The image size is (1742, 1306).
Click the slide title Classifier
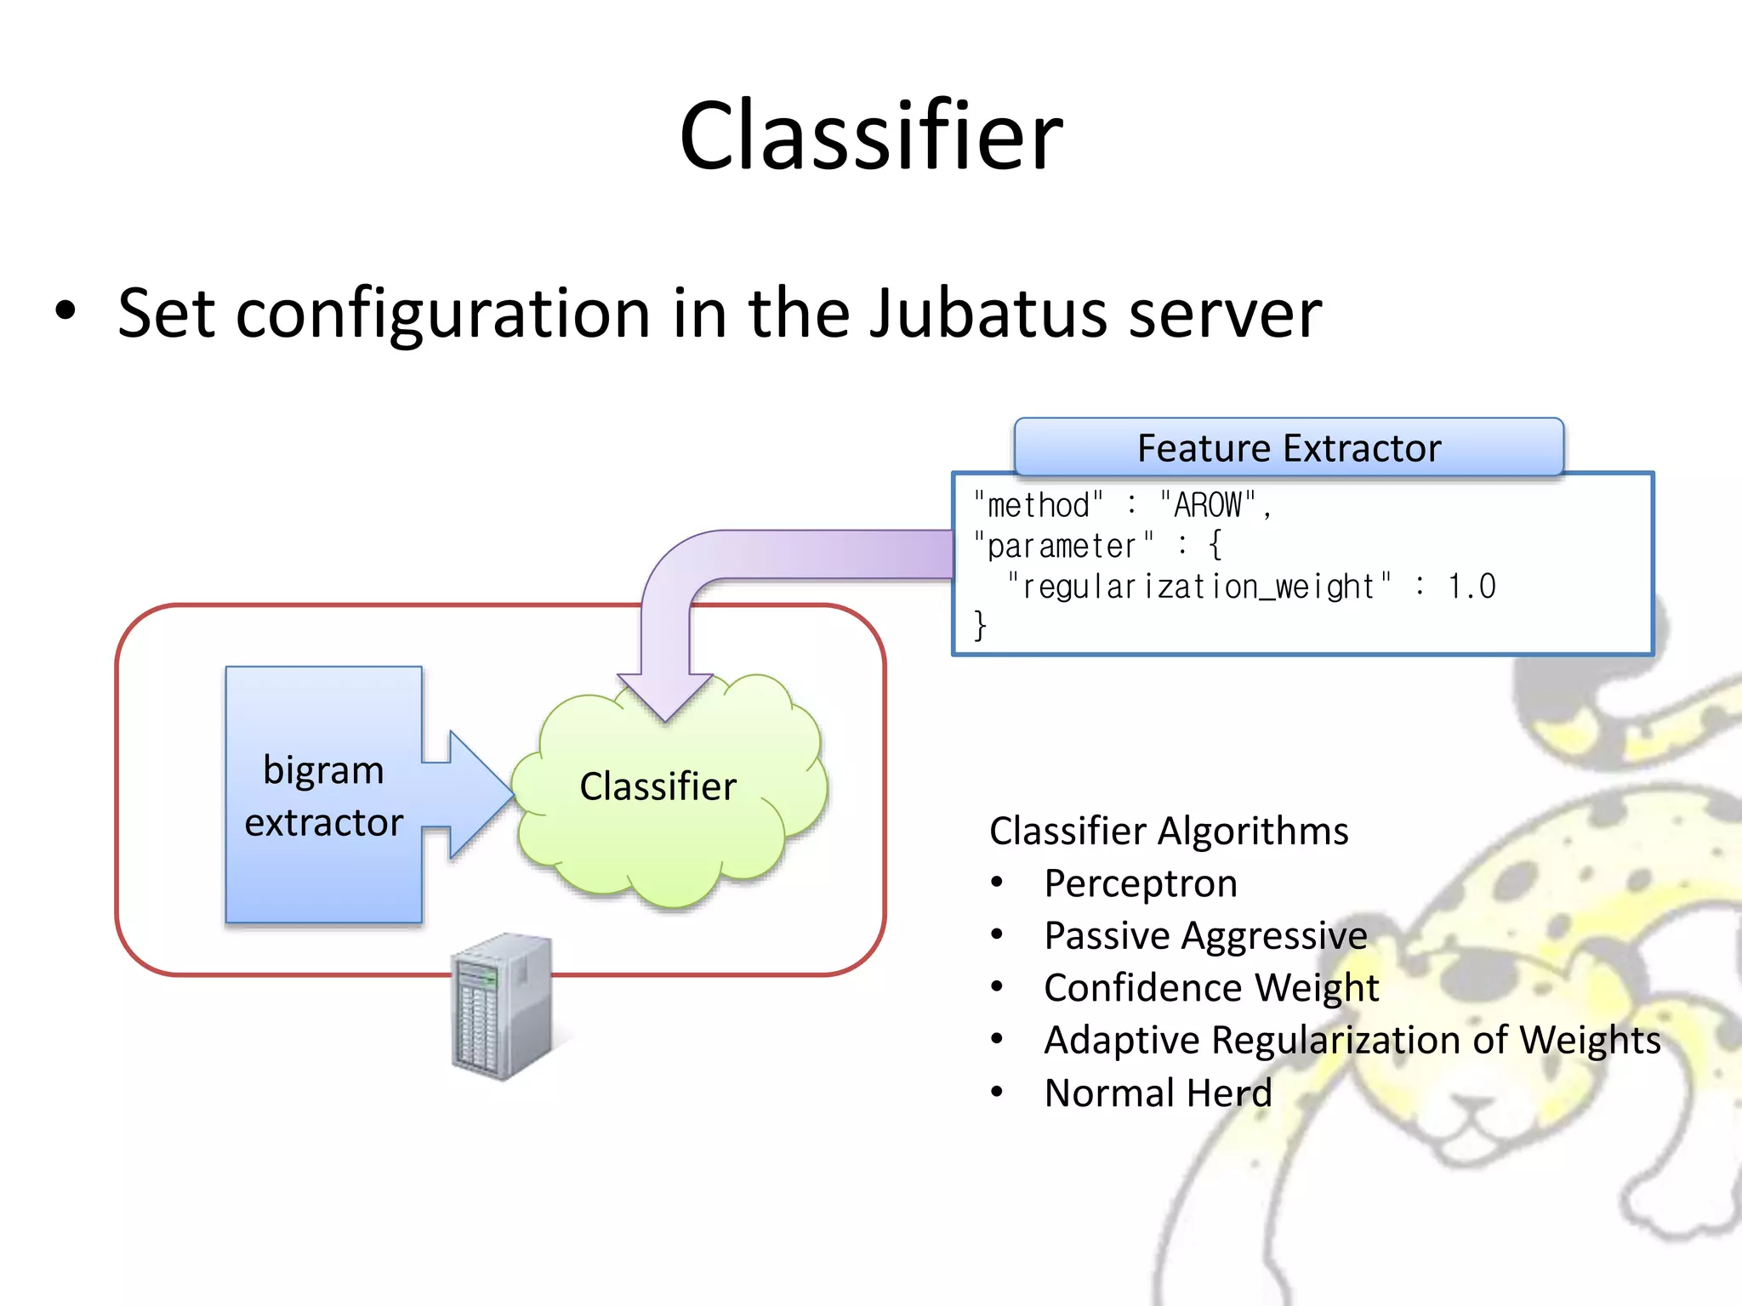[870, 136]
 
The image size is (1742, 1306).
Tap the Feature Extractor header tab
[1289, 447]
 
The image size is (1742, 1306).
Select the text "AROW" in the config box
[1208, 505]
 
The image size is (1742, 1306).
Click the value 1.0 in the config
[1472, 587]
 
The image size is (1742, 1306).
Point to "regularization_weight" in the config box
[1199, 587]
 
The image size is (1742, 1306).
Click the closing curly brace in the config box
[980, 626]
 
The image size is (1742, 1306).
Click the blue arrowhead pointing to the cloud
[481, 794]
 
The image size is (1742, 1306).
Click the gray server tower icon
[502, 1008]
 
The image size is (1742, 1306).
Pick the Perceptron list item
[1140, 883]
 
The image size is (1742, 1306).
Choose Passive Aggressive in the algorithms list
[1205, 935]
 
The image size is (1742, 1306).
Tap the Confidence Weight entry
[1210, 988]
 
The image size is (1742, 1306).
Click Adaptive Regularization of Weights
[1352, 1040]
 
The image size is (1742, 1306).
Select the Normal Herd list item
[1158, 1093]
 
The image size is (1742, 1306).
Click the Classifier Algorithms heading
[1169, 831]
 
